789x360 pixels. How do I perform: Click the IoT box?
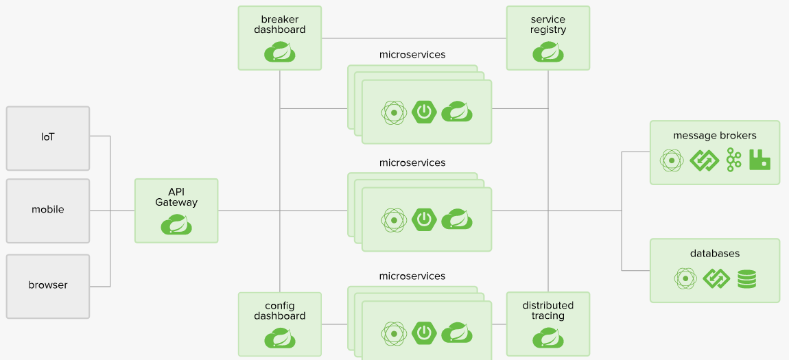pos(48,138)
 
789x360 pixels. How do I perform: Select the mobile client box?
pos(48,211)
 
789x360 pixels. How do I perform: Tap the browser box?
pos(48,285)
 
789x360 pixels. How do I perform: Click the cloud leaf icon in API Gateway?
pos(176,224)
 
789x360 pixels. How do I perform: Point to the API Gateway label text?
pos(176,197)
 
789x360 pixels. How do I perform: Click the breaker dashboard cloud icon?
pos(280,52)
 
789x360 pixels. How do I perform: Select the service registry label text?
pos(548,24)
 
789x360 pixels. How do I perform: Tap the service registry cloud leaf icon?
pos(548,52)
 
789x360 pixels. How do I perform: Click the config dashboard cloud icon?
pos(280,338)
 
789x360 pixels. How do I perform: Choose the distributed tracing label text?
pos(548,311)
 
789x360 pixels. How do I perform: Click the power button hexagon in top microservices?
pos(425,111)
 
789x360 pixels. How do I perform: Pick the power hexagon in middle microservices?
pos(425,219)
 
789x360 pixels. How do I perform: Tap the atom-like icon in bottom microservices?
pos(394,333)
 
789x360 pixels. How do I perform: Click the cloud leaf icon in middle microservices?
pos(457,219)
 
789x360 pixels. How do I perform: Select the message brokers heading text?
pos(715,135)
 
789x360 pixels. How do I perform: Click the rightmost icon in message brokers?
pos(759,160)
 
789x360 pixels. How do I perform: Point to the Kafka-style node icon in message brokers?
pos(733,160)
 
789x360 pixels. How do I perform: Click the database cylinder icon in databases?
pos(746,278)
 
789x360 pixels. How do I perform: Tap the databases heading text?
pos(715,254)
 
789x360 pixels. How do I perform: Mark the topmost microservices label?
pos(412,55)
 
